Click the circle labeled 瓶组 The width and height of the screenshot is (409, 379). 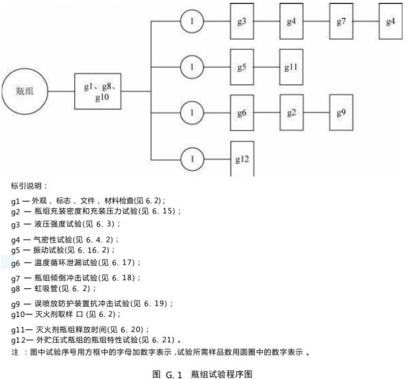(25, 92)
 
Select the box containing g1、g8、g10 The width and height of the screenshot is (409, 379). (98, 92)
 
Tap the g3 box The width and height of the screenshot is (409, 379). (242, 22)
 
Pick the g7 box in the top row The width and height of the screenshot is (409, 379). (341, 22)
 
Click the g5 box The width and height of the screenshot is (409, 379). (242, 67)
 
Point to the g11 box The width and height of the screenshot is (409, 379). (292, 67)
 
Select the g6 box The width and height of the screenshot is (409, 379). (242, 112)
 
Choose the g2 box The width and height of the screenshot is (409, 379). (292, 112)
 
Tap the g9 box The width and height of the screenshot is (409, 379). (341, 112)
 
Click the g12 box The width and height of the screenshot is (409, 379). (243, 159)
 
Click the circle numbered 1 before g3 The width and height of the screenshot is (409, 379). (192, 22)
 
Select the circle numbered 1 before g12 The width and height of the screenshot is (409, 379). (192, 159)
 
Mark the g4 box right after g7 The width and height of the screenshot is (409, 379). (390, 22)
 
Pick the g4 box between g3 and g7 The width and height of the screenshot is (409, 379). (292, 22)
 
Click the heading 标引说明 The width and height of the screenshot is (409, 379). (29, 186)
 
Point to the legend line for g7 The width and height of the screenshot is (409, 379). (76, 278)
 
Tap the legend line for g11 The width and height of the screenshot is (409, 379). (80, 330)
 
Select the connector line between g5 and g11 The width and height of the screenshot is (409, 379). (266, 67)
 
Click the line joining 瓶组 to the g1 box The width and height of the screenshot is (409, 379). (61, 92)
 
